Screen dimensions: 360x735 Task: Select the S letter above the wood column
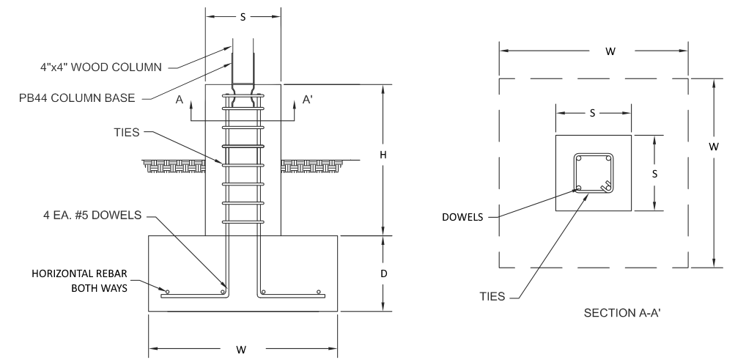point(243,14)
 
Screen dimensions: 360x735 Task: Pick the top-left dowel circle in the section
point(578,158)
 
